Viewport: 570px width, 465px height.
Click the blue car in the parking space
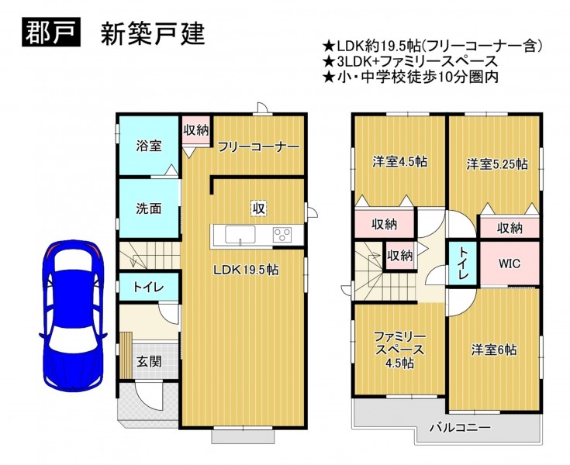[x=73, y=315]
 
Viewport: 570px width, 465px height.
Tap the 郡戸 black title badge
[x=51, y=33]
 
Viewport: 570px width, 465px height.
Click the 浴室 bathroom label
[x=149, y=146]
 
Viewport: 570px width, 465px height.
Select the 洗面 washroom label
[x=149, y=208]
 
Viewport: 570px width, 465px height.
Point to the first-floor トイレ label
[x=149, y=288]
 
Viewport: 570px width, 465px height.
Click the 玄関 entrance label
[x=149, y=361]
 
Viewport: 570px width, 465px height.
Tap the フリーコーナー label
[x=258, y=146]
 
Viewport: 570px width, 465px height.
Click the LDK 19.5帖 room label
[x=246, y=270]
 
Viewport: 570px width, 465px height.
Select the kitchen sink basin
[x=240, y=234]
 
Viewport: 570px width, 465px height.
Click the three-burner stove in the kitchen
[x=282, y=234]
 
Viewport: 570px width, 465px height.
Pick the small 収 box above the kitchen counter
[x=258, y=208]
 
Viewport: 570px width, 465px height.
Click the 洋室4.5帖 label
[x=399, y=162]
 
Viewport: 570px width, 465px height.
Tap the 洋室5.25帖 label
[x=497, y=164]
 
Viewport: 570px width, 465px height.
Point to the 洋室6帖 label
[x=494, y=350]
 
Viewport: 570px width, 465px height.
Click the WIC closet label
[x=510, y=263]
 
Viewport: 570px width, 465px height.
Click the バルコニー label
[x=460, y=428]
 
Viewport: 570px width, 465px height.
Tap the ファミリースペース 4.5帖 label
[x=399, y=350]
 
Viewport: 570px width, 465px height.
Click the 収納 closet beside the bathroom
[x=196, y=130]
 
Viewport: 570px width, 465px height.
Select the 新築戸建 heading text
[x=153, y=34]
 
